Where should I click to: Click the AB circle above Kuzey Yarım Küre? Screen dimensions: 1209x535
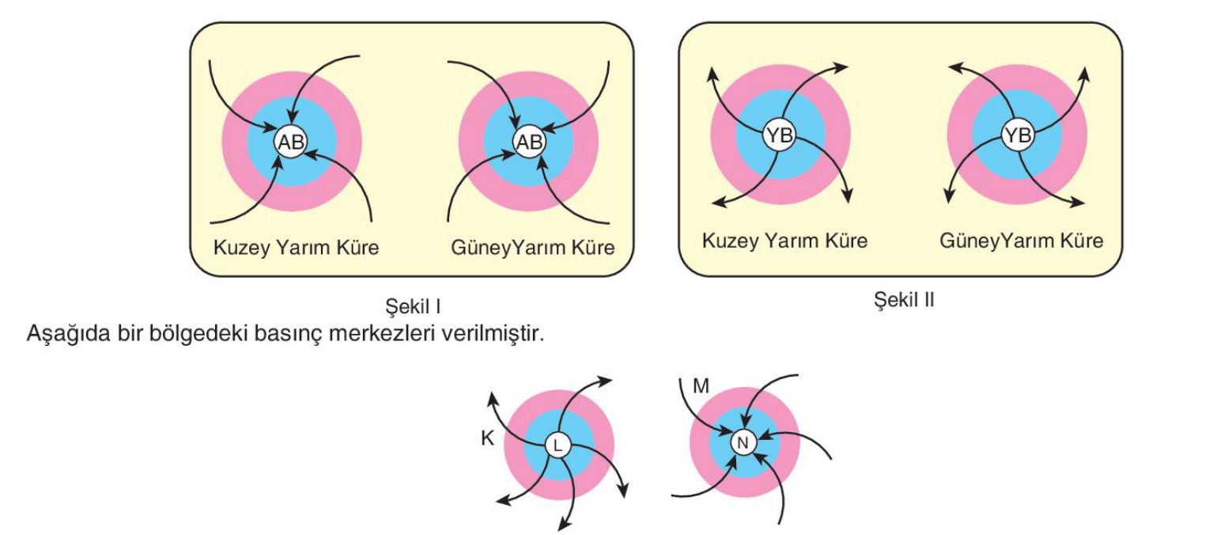[x=292, y=142]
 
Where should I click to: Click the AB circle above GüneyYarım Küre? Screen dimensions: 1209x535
[x=529, y=142]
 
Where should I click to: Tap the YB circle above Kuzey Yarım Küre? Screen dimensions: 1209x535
[x=780, y=135]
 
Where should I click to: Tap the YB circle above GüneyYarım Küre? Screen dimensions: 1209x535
[x=1018, y=135]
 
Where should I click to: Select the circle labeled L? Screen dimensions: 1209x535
[x=558, y=446]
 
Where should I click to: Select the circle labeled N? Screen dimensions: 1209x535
[x=743, y=443]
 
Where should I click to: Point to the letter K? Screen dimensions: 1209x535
[x=487, y=438]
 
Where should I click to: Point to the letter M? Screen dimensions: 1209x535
[x=701, y=386]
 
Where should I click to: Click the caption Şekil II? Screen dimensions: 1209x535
[x=904, y=299]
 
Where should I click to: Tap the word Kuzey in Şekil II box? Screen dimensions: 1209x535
[x=731, y=241]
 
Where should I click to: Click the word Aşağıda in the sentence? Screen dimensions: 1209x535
[x=68, y=334]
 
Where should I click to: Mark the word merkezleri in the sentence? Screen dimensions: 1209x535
[x=382, y=333]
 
